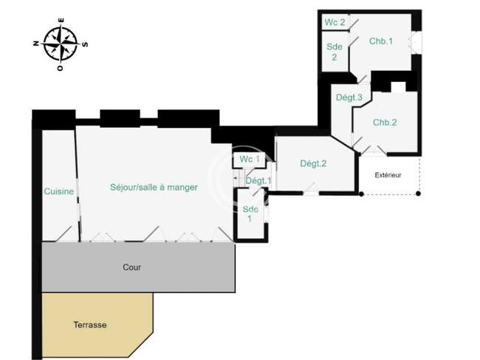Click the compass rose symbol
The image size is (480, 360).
tap(61, 44)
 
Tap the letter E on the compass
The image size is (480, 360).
tap(61, 21)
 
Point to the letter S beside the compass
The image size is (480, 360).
tap(86, 44)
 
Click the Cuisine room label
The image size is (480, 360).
tap(59, 191)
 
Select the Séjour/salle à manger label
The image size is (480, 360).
tap(154, 187)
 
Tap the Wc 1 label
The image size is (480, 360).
tap(250, 159)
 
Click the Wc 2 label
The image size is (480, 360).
tap(335, 22)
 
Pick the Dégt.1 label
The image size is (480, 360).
tap(258, 181)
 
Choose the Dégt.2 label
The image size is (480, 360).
tap(313, 163)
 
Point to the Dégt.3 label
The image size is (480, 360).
tap(349, 98)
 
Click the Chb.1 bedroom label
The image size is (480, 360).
tap(381, 41)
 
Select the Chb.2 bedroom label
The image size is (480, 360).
tap(385, 122)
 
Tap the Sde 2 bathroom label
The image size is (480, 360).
tap(335, 52)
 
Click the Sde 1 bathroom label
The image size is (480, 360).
tap(250, 214)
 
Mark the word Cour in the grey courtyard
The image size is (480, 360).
tap(132, 267)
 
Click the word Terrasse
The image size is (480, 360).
tap(90, 325)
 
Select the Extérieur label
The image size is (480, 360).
tap(388, 175)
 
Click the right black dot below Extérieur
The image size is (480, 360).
tap(418, 194)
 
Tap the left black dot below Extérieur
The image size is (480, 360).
tap(361, 194)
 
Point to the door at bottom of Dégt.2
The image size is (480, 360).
tap(311, 189)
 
